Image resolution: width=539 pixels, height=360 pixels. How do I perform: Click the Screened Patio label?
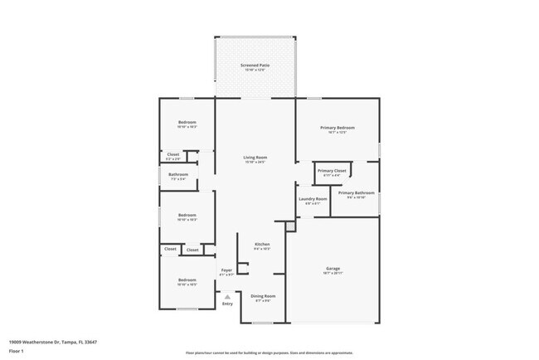coord(255,65)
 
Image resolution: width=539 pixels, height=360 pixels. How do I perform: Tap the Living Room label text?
coord(255,157)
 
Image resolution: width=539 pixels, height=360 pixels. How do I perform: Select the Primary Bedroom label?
coord(337,128)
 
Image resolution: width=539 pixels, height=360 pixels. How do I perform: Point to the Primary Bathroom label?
coord(357,192)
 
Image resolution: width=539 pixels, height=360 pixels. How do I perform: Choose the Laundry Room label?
coord(312,199)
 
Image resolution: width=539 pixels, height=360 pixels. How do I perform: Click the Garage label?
coord(333,269)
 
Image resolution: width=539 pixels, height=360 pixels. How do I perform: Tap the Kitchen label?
coord(262,244)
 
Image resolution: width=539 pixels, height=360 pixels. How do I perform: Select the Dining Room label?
coord(263,296)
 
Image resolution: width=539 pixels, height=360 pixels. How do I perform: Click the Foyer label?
coord(226,270)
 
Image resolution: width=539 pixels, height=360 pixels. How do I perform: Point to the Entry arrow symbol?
coord(227,295)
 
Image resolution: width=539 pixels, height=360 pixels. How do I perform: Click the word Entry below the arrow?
coord(227,304)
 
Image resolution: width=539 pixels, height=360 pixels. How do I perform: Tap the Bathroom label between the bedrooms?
coord(178,174)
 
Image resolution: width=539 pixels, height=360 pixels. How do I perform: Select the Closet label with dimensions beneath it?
coord(173,154)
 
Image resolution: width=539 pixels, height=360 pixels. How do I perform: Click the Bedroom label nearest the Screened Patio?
coord(187,123)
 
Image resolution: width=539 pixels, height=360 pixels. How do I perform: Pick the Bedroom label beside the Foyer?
coord(187,280)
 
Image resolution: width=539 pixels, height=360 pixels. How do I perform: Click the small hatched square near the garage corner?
coord(289,225)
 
